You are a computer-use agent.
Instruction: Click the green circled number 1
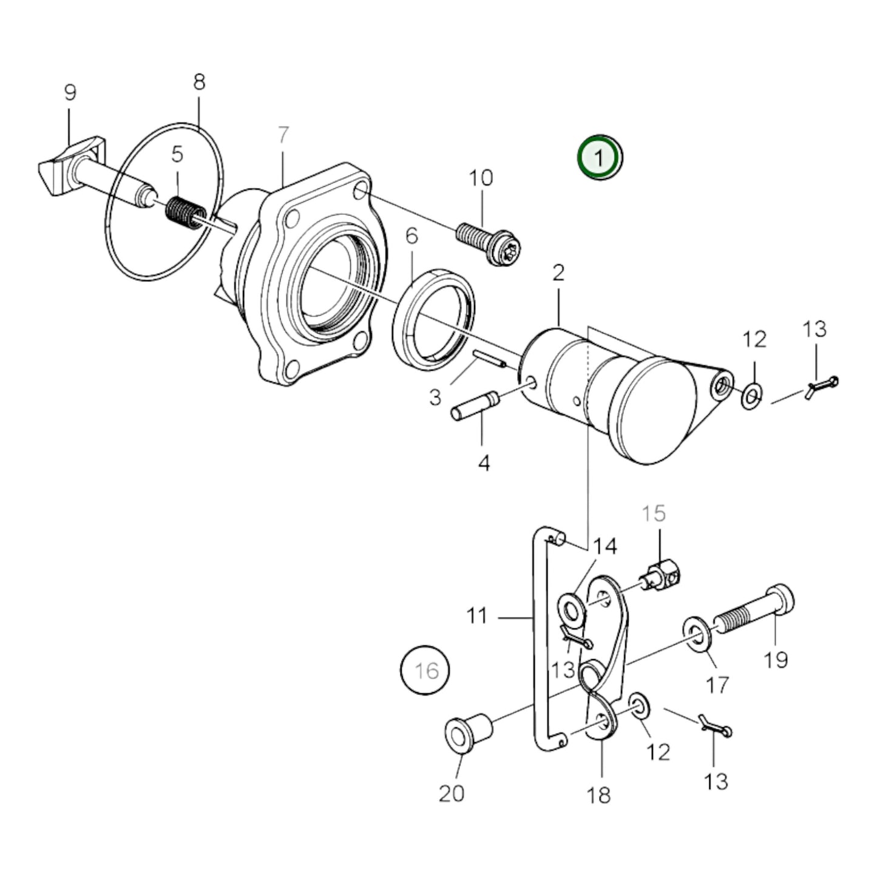coord(600,158)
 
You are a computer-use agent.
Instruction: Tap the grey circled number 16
coord(425,670)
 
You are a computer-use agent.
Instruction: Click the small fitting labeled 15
coord(662,575)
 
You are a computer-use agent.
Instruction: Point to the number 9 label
coord(70,93)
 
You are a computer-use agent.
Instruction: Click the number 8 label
coord(200,82)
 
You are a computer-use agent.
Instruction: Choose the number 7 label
coord(283,135)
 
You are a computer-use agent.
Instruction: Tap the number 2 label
coord(558,273)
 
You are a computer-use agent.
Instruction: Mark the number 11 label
coord(477,616)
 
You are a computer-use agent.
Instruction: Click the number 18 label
coord(599,794)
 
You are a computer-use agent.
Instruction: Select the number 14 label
coord(604,546)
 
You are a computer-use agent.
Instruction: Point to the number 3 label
coord(435,398)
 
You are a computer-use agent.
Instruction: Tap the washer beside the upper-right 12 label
coord(751,396)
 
